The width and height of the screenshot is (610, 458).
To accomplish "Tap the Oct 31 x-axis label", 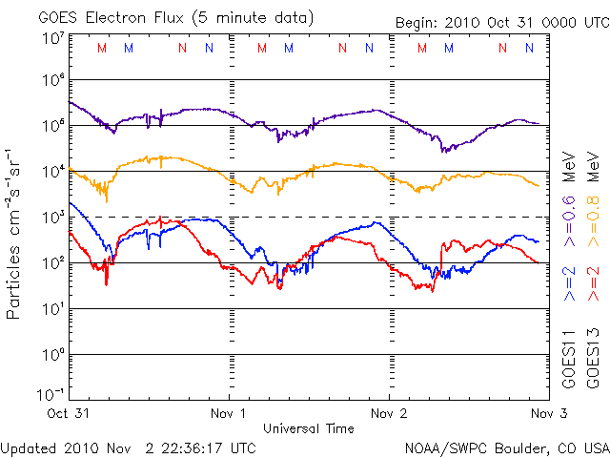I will pos(70,413).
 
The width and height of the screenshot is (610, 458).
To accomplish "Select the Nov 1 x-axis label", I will pos(229,413).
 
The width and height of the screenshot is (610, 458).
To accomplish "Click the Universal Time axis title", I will pos(308,428).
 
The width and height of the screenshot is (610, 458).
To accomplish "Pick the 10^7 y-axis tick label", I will pos(51,37).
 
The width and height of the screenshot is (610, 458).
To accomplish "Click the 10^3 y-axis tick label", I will pos(51,217).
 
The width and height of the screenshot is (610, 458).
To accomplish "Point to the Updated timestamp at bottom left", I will pos(128,447).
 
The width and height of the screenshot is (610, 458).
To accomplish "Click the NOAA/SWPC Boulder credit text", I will pos(505,447).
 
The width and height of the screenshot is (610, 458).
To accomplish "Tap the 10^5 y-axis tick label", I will pos(51,125).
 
